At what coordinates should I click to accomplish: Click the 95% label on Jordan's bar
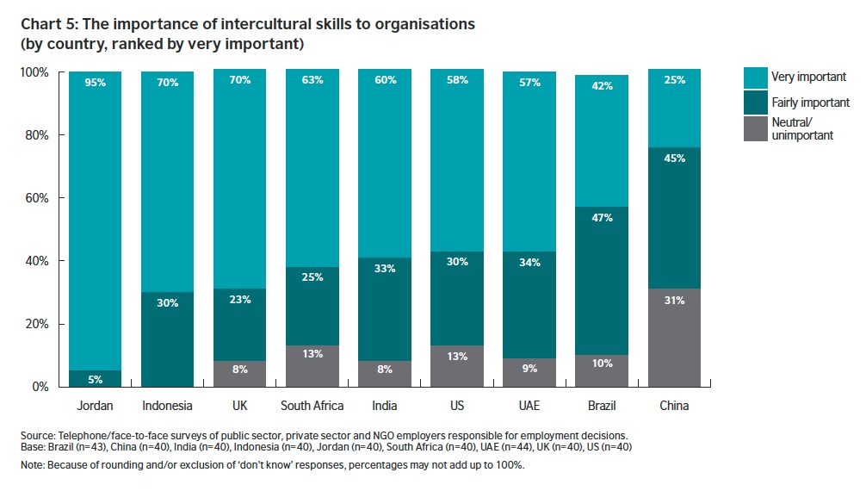click(95, 83)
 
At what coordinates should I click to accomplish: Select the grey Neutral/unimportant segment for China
click(674, 338)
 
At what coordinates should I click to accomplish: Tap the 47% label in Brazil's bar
click(602, 218)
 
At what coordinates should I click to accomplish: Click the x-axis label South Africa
click(312, 406)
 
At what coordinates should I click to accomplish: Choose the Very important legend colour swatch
click(754, 78)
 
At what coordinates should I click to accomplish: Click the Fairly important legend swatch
click(754, 103)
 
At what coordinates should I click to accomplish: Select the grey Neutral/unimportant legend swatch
click(754, 128)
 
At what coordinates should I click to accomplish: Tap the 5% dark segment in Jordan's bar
click(95, 379)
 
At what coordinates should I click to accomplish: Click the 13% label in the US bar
click(457, 356)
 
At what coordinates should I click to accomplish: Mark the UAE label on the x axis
click(529, 406)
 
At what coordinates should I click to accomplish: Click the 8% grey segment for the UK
click(240, 374)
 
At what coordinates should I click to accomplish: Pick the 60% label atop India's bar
click(385, 80)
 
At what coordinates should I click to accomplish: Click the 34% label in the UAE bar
click(529, 262)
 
